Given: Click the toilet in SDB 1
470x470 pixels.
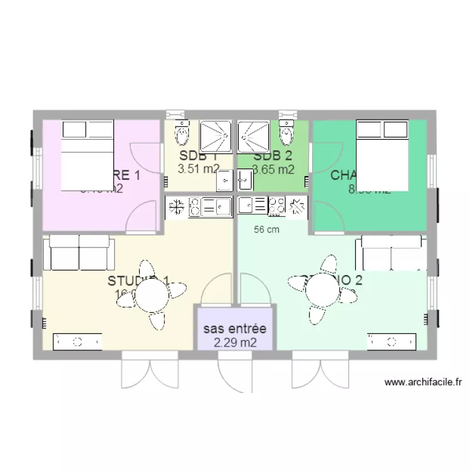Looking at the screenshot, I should coord(182,132).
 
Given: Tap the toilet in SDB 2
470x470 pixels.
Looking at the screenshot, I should coord(287,132).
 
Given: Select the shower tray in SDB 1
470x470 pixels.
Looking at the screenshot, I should coord(216,137).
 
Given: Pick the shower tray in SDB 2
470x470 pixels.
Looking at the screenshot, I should coord(253,137).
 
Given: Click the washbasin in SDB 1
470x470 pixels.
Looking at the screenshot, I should coord(225,181).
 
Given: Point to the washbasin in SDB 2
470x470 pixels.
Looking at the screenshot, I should coord(244,181).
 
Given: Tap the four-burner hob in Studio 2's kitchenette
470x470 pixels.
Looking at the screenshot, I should coord(277,205).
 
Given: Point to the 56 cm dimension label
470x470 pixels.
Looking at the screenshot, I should coord(266,229).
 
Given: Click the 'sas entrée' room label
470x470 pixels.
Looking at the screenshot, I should coord(235,329).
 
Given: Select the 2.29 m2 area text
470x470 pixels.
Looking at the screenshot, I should coord(235,343).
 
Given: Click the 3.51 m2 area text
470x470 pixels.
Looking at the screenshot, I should coord(199,168).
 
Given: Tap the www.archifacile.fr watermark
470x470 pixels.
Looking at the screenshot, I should coord(423,382).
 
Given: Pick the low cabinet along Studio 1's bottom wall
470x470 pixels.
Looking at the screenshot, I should coord(78,342).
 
